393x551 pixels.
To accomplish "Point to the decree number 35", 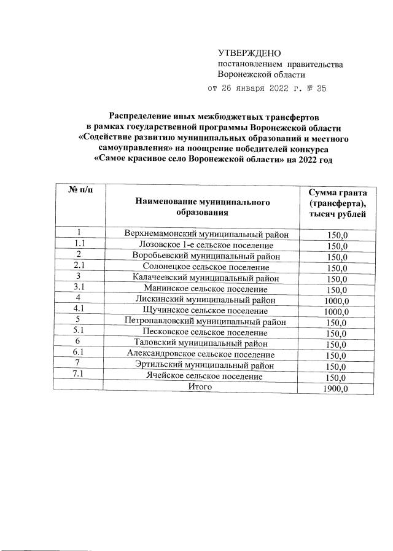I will pyautogui.click(x=320, y=88).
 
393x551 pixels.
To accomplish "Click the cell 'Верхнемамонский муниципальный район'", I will pyautogui.click(x=203, y=234).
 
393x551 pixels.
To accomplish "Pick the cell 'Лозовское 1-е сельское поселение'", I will pyautogui.click(x=203, y=245).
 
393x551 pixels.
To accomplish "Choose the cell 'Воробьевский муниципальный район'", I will pyautogui.click(x=203, y=256).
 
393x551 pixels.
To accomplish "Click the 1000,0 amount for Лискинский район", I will pyautogui.click(x=337, y=301).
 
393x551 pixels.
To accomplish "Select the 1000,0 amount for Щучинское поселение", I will pyautogui.click(x=337, y=312).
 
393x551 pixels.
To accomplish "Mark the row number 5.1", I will pyautogui.click(x=79, y=332).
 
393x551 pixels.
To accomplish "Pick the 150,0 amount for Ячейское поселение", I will pyautogui.click(x=337, y=378).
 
